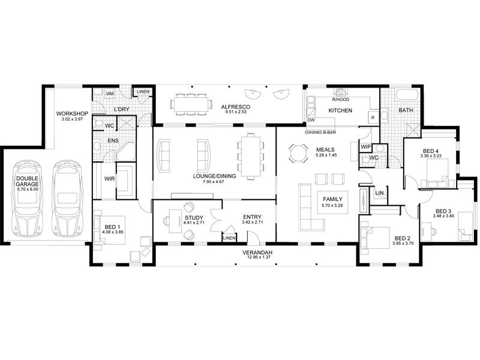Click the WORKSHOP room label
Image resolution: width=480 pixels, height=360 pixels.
72,113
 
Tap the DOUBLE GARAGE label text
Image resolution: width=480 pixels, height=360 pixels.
27,181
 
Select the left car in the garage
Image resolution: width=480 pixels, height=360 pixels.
27,198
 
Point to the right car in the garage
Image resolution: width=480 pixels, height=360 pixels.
67,198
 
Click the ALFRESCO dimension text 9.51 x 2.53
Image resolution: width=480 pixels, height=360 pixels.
236,112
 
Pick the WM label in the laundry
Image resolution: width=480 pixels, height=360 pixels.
110,94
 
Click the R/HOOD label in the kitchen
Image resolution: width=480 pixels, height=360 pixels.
340,100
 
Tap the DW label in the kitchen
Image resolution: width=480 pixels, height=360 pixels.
311,120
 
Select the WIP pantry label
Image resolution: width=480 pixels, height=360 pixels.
365,147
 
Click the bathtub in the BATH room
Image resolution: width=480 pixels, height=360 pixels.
407,94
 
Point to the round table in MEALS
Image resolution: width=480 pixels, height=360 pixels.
298,153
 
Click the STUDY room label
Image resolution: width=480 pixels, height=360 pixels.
194,218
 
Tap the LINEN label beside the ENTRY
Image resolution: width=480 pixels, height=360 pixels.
229,238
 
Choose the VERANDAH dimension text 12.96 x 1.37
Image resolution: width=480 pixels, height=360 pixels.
257,258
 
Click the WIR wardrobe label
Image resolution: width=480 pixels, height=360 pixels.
109,179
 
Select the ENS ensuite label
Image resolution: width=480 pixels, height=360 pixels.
113,141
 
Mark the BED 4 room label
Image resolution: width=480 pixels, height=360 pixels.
430,151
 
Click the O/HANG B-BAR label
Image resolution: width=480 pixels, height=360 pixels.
320,133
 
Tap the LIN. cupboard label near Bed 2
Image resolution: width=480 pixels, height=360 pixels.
380,193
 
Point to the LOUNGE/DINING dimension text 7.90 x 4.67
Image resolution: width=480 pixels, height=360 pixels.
214,182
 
